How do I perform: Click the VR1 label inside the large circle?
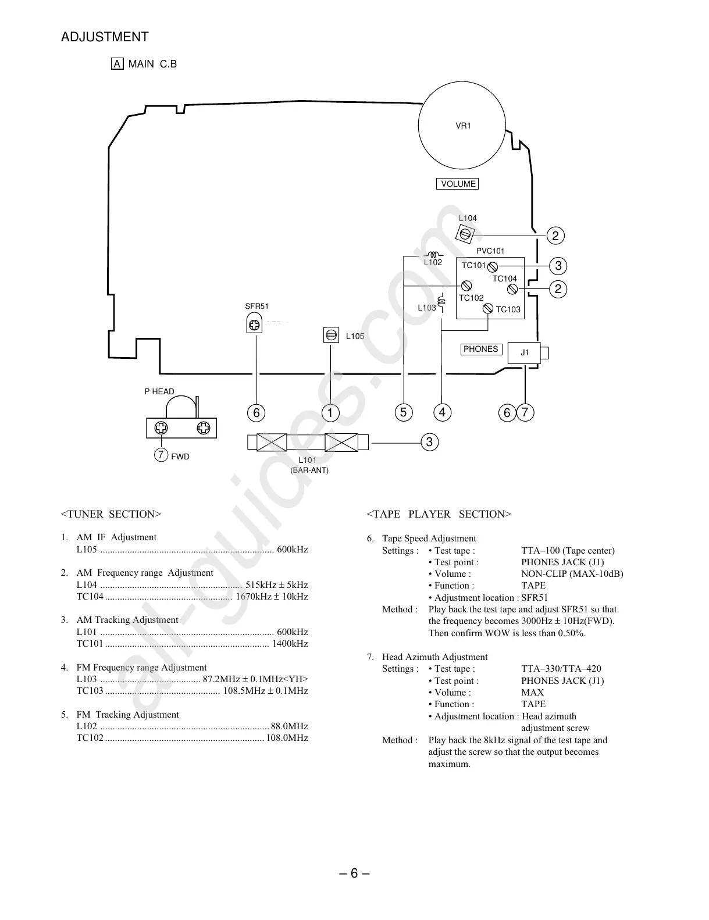click(x=463, y=126)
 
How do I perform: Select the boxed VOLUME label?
click(x=458, y=184)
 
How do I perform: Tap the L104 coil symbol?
click(x=465, y=234)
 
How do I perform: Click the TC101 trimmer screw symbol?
click(x=492, y=266)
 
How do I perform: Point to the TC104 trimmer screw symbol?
click(x=512, y=289)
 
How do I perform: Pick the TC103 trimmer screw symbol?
click(x=488, y=309)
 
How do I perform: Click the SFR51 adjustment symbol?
click(x=254, y=325)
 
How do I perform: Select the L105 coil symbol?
click(x=331, y=336)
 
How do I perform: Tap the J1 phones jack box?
click(x=525, y=352)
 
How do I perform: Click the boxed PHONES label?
click(x=480, y=349)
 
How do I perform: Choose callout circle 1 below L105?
click(x=330, y=413)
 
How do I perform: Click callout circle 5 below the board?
click(x=403, y=413)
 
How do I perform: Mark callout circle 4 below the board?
click(x=442, y=413)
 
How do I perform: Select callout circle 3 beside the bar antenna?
click(x=429, y=443)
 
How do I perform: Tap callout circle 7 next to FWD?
click(x=161, y=455)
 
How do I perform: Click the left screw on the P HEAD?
click(x=161, y=429)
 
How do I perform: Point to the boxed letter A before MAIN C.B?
click(x=117, y=64)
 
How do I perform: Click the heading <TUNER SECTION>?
click(x=111, y=514)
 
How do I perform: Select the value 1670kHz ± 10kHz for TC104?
click(x=272, y=597)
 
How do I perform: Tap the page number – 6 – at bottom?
click(x=354, y=873)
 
